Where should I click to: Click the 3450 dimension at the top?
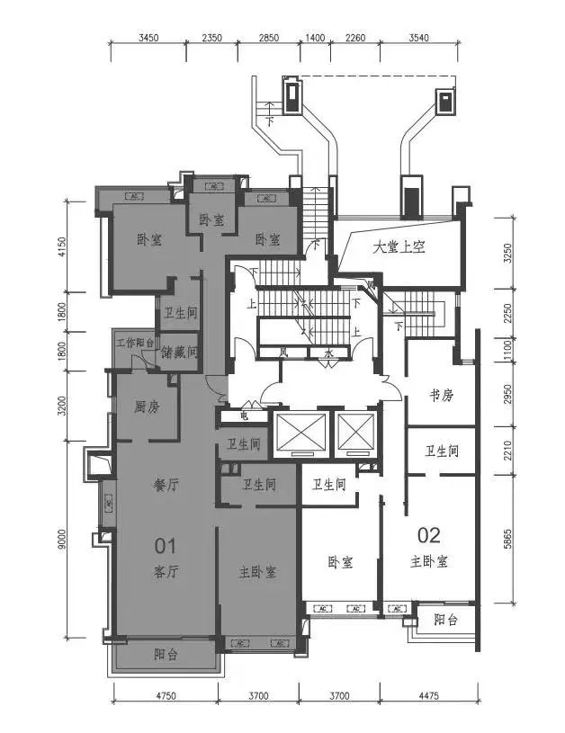[x=148, y=38]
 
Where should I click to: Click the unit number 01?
[x=165, y=544]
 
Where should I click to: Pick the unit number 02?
[x=429, y=536]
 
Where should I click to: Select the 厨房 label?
[x=147, y=407]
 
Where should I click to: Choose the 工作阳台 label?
[x=134, y=341]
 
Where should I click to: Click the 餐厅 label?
[x=167, y=484]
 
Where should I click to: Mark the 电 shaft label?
[x=243, y=416]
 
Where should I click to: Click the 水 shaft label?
[x=329, y=353]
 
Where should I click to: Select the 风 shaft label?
[x=282, y=353]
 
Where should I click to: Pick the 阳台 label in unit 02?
[x=444, y=619]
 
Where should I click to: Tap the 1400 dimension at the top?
[x=314, y=38]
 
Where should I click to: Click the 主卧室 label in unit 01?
[x=257, y=572]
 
